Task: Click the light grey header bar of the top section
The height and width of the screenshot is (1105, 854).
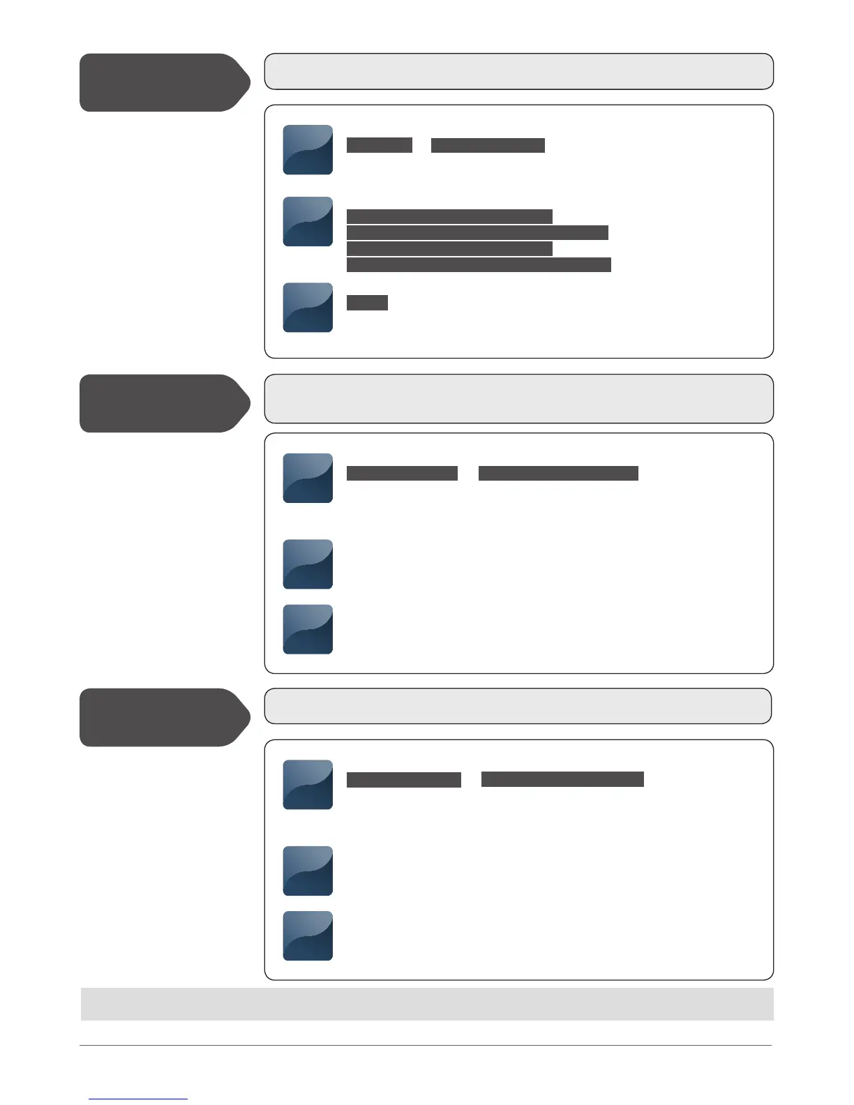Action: [x=518, y=71]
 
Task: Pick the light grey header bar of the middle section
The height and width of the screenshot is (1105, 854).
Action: [x=518, y=398]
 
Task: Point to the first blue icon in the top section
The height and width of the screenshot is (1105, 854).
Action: [x=308, y=149]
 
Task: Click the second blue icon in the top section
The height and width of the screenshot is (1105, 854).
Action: [x=308, y=222]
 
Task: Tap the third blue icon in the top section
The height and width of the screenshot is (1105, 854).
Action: [x=308, y=307]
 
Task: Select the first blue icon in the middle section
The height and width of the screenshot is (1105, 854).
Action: [x=308, y=478]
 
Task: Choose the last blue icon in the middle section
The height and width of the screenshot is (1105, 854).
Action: [x=308, y=629]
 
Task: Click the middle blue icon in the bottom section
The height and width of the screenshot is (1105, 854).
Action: [x=308, y=871]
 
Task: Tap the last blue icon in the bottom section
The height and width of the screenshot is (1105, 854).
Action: [x=308, y=935]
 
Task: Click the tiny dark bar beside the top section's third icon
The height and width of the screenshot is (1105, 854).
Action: [x=367, y=302]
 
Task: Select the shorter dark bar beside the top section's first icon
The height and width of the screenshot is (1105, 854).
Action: [x=380, y=145]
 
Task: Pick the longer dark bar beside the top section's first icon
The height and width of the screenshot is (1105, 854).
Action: [x=488, y=145]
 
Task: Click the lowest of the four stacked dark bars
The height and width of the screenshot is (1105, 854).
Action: [x=479, y=264]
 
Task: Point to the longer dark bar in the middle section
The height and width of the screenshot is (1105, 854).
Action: [x=558, y=474]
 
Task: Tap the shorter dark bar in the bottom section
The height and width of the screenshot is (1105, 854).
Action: [x=404, y=779]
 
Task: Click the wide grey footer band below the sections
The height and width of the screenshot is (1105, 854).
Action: [x=427, y=1004]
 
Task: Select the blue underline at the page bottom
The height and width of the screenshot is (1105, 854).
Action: [x=138, y=1099]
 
